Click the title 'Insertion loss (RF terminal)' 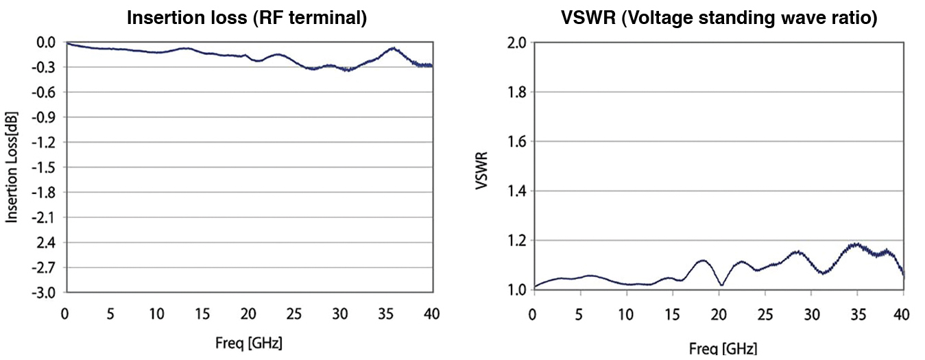248,19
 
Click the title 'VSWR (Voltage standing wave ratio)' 718,19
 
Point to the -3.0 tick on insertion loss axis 46,293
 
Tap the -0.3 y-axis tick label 46,67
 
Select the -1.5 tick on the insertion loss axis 46,167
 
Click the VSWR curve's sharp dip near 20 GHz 721,285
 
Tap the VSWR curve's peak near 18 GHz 702,260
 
